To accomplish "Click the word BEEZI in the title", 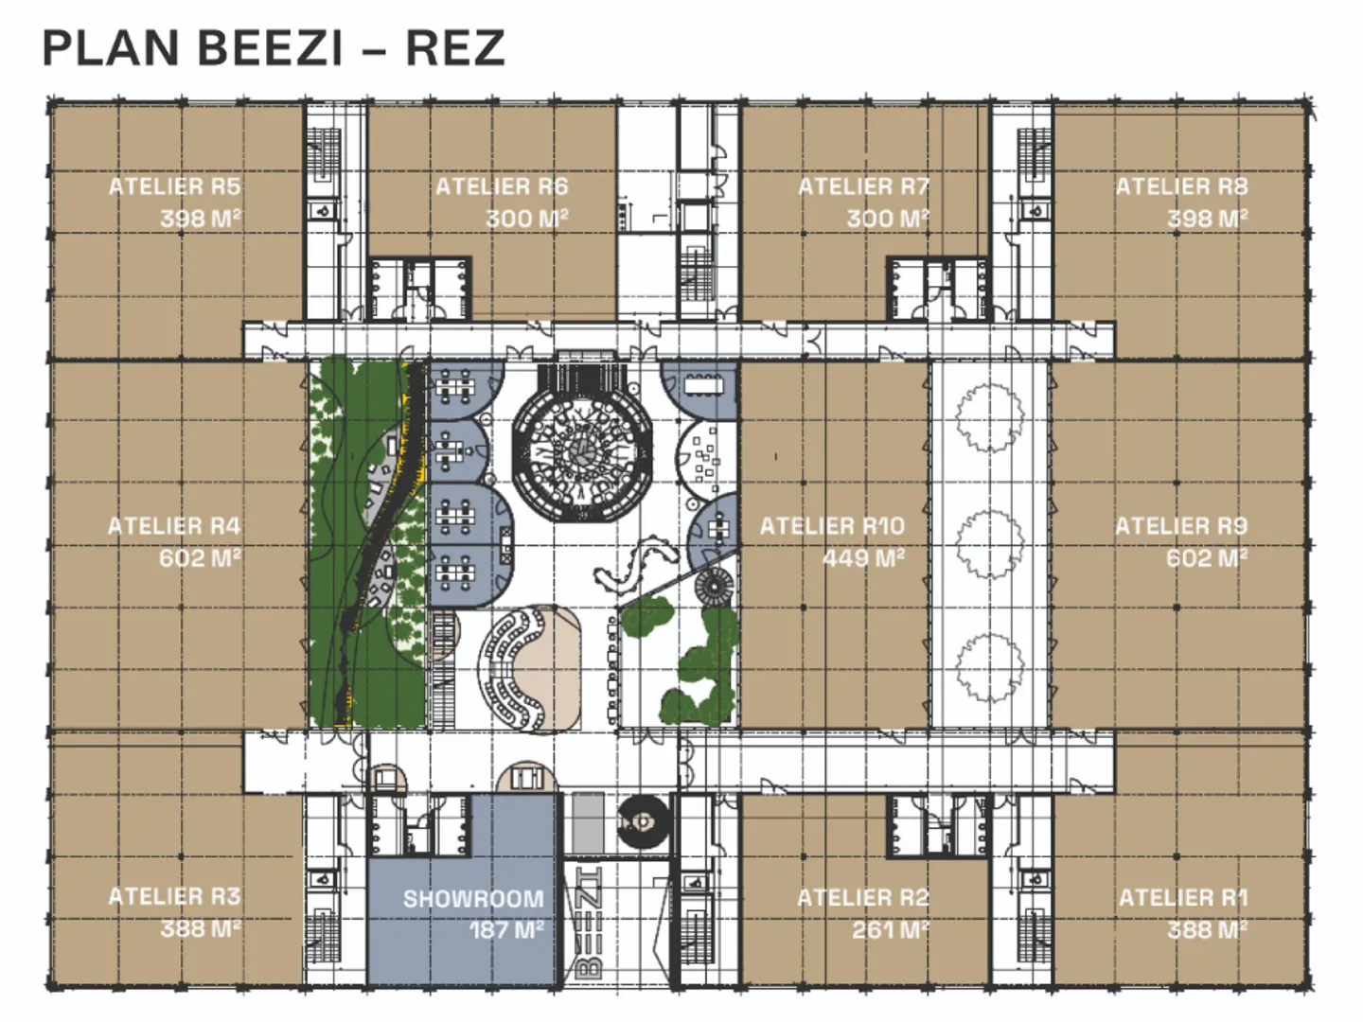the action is (270, 48).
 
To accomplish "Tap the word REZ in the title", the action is (455, 48).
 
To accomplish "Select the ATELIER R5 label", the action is (174, 186).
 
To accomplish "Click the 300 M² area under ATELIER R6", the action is (526, 219).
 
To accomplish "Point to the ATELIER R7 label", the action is (864, 186).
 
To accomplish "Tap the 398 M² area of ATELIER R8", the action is (1207, 219).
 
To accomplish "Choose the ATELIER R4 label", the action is (174, 527).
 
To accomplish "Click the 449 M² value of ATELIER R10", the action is (864, 558).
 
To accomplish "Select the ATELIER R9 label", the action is (1181, 527).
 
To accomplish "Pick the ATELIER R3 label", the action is (174, 897).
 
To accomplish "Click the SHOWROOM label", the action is (474, 899).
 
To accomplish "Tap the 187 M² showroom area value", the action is (506, 930).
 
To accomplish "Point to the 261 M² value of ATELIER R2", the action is (891, 930).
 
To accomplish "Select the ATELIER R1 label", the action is (1183, 898).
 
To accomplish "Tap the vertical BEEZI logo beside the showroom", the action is (588, 924).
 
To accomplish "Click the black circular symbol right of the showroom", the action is (644, 822).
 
